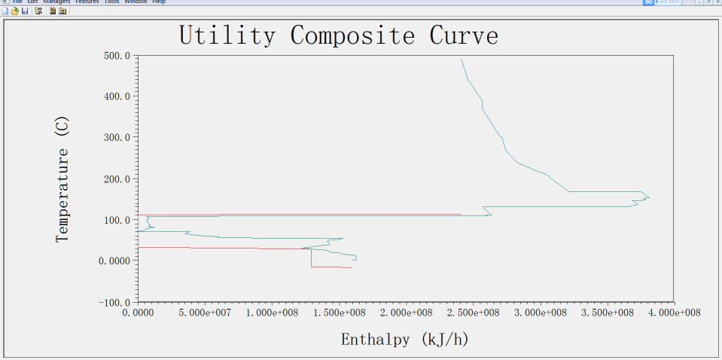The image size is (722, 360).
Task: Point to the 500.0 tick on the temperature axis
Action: (117, 56)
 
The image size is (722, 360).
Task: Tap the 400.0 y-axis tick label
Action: (117, 96)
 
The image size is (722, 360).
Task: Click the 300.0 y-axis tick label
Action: (117, 138)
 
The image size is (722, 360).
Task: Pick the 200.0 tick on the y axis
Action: (117, 178)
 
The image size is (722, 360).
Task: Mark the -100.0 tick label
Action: (114, 301)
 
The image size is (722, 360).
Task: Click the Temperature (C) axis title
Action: (62, 178)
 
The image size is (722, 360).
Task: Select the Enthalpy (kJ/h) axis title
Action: (405, 339)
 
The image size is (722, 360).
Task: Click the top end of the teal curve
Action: (462, 59)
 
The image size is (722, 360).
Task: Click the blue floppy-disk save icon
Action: (25, 11)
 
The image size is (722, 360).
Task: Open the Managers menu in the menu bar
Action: (56, 2)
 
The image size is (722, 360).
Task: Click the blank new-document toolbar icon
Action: (5, 11)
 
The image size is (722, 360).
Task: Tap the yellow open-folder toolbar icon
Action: (15, 11)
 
